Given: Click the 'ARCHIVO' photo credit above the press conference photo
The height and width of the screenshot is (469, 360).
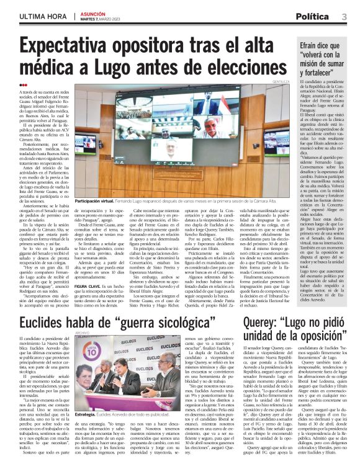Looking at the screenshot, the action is [x=83, y=333].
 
